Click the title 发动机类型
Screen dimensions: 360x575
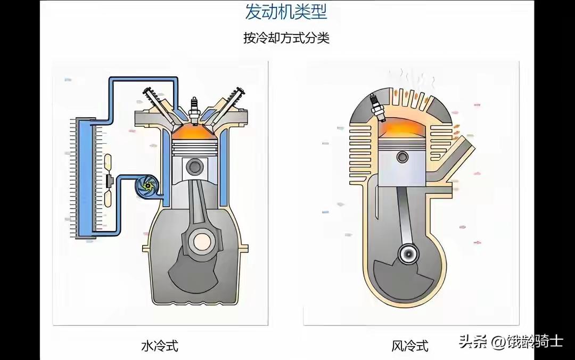point(286,12)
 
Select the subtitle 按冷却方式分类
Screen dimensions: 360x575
point(286,38)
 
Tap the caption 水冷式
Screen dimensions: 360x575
point(160,346)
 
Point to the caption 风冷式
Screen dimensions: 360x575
point(410,346)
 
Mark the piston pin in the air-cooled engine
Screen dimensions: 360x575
point(402,158)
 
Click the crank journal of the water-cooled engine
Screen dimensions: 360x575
point(203,243)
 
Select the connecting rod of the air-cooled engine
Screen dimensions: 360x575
point(405,213)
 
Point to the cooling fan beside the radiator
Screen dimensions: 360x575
point(110,181)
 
